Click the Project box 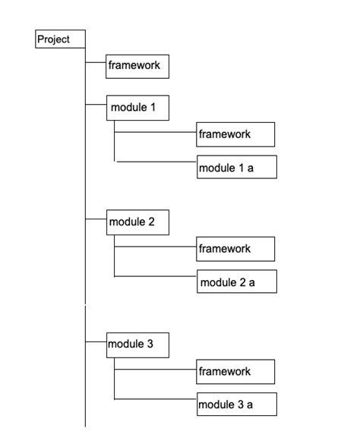tap(60, 39)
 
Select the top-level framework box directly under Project tap(137, 65)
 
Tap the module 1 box tap(137, 108)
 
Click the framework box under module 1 tap(235, 134)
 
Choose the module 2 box tap(137, 222)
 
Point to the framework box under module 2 tap(235, 248)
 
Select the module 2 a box tap(236, 282)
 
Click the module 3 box tap(137, 345)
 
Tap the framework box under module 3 tap(235, 371)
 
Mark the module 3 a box tap(236, 405)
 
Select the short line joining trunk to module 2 tap(96, 219)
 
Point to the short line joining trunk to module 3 tap(96, 342)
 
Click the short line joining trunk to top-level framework tap(96, 62)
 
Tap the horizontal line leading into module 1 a tap(156, 161)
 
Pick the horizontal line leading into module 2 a tap(156, 276)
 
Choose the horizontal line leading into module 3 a tap(156, 398)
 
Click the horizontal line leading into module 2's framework tap(156, 245)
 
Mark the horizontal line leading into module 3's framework tap(156, 369)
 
